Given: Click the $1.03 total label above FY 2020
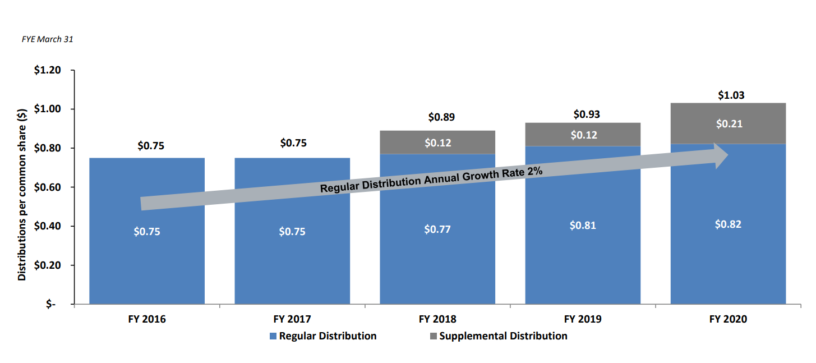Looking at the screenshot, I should click(731, 95).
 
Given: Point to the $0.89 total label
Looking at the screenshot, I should click(441, 117).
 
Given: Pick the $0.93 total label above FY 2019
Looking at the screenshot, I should click(587, 114).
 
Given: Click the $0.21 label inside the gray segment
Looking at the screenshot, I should click(729, 124).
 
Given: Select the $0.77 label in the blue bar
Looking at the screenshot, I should click(437, 229).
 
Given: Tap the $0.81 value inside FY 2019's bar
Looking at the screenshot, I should click(583, 225).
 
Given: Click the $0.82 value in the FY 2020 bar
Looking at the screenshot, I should click(728, 224).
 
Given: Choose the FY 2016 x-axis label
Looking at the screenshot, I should click(146, 319).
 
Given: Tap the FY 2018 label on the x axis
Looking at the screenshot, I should click(437, 319).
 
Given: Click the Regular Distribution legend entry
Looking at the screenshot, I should click(322, 336).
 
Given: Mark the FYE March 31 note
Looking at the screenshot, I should click(47, 39).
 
